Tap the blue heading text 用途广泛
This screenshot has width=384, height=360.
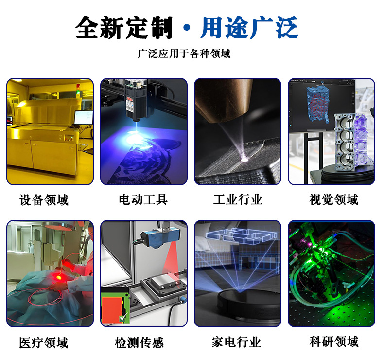coord(249,28)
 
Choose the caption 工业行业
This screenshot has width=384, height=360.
coord(238,200)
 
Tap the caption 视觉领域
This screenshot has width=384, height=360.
coord(333,200)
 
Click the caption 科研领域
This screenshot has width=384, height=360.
coord(333,342)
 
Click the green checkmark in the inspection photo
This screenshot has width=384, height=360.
coord(122,318)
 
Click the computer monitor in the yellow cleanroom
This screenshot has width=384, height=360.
coord(83,118)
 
